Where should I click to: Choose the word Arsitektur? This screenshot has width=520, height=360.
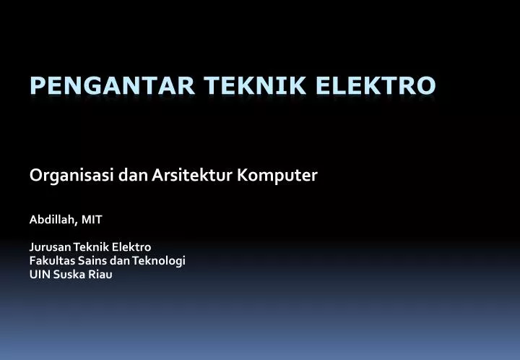pyautogui.click(x=192, y=176)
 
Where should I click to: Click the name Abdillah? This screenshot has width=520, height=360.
pyautogui.click(x=52, y=218)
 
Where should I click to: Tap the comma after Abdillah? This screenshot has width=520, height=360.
pyautogui.click(x=77, y=221)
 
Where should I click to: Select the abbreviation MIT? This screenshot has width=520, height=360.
pyautogui.click(x=92, y=218)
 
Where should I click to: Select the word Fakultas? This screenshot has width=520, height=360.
pyautogui.click(x=50, y=260)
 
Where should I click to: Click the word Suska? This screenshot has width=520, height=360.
pyautogui.click(x=69, y=274)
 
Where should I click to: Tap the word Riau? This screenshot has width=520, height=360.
pyautogui.click(x=100, y=274)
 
